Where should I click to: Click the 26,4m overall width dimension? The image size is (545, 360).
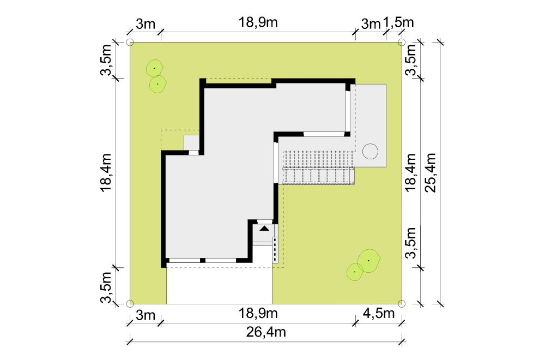(266, 332)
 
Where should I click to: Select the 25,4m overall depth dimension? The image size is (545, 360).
(431, 172)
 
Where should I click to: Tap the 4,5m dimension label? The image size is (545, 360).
(379, 314)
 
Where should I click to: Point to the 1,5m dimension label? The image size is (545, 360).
(398, 22)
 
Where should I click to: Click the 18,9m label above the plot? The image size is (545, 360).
(258, 22)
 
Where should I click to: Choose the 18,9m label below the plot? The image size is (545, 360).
(258, 314)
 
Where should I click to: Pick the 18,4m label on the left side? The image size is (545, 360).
(106, 172)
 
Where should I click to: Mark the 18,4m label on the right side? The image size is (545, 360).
(410, 172)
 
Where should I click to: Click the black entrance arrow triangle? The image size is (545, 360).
(264, 229)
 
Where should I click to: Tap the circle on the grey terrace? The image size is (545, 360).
(370, 152)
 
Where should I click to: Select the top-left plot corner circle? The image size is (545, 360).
(130, 43)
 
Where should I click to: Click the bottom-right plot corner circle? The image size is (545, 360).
(402, 304)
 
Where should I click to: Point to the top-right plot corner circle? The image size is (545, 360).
(402, 43)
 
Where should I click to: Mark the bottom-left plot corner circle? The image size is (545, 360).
(130, 304)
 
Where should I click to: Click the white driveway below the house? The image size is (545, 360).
(219, 286)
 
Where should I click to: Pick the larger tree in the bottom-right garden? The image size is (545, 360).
(369, 261)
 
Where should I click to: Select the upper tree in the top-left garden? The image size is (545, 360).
(154, 69)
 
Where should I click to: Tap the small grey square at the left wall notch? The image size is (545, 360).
(191, 142)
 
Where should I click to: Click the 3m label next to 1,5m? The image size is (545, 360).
(371, 24)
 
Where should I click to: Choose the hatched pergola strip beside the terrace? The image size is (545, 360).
(318, 167)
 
